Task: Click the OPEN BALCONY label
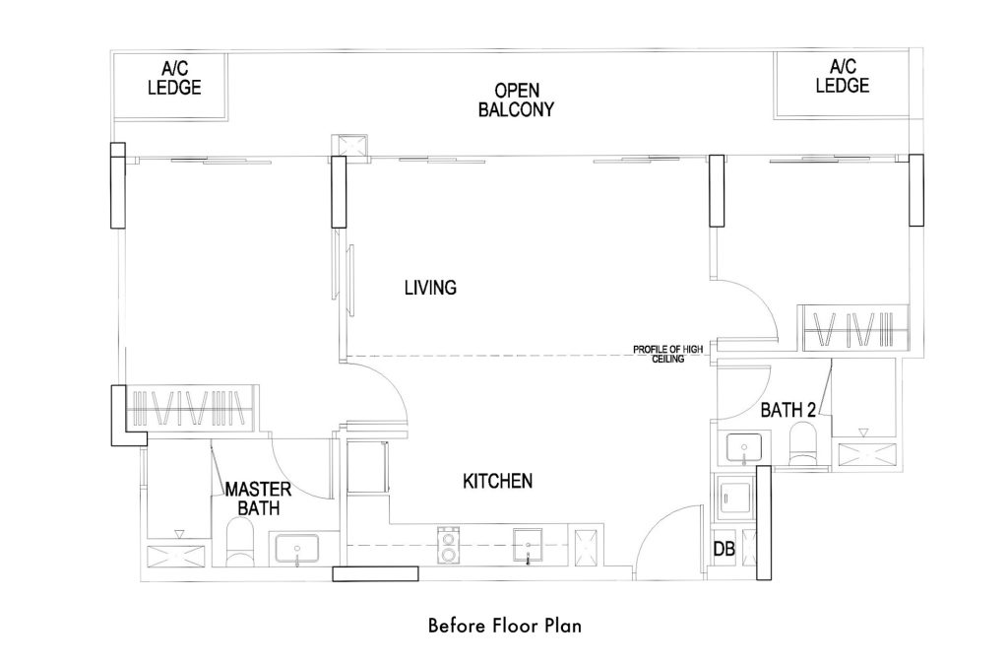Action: (516, 100)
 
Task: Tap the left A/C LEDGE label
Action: (174, 78)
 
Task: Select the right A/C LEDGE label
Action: (843, 76)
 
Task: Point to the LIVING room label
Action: (430, 288)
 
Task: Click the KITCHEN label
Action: (497, 481)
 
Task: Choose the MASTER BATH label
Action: (258, 499)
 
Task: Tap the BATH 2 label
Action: (788, 410)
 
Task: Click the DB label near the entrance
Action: (724, 549)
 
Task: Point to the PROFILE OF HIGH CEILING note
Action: (668, 354)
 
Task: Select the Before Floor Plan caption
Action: (505, 626)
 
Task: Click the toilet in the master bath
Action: (241, 543)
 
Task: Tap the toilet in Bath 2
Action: (802, 446)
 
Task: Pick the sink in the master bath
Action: (297, 550)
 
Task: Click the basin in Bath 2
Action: (744, 448)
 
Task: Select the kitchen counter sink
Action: (528, 546)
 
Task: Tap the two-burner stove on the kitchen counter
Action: (447, 546)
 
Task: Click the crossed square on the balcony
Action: (349, 146)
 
